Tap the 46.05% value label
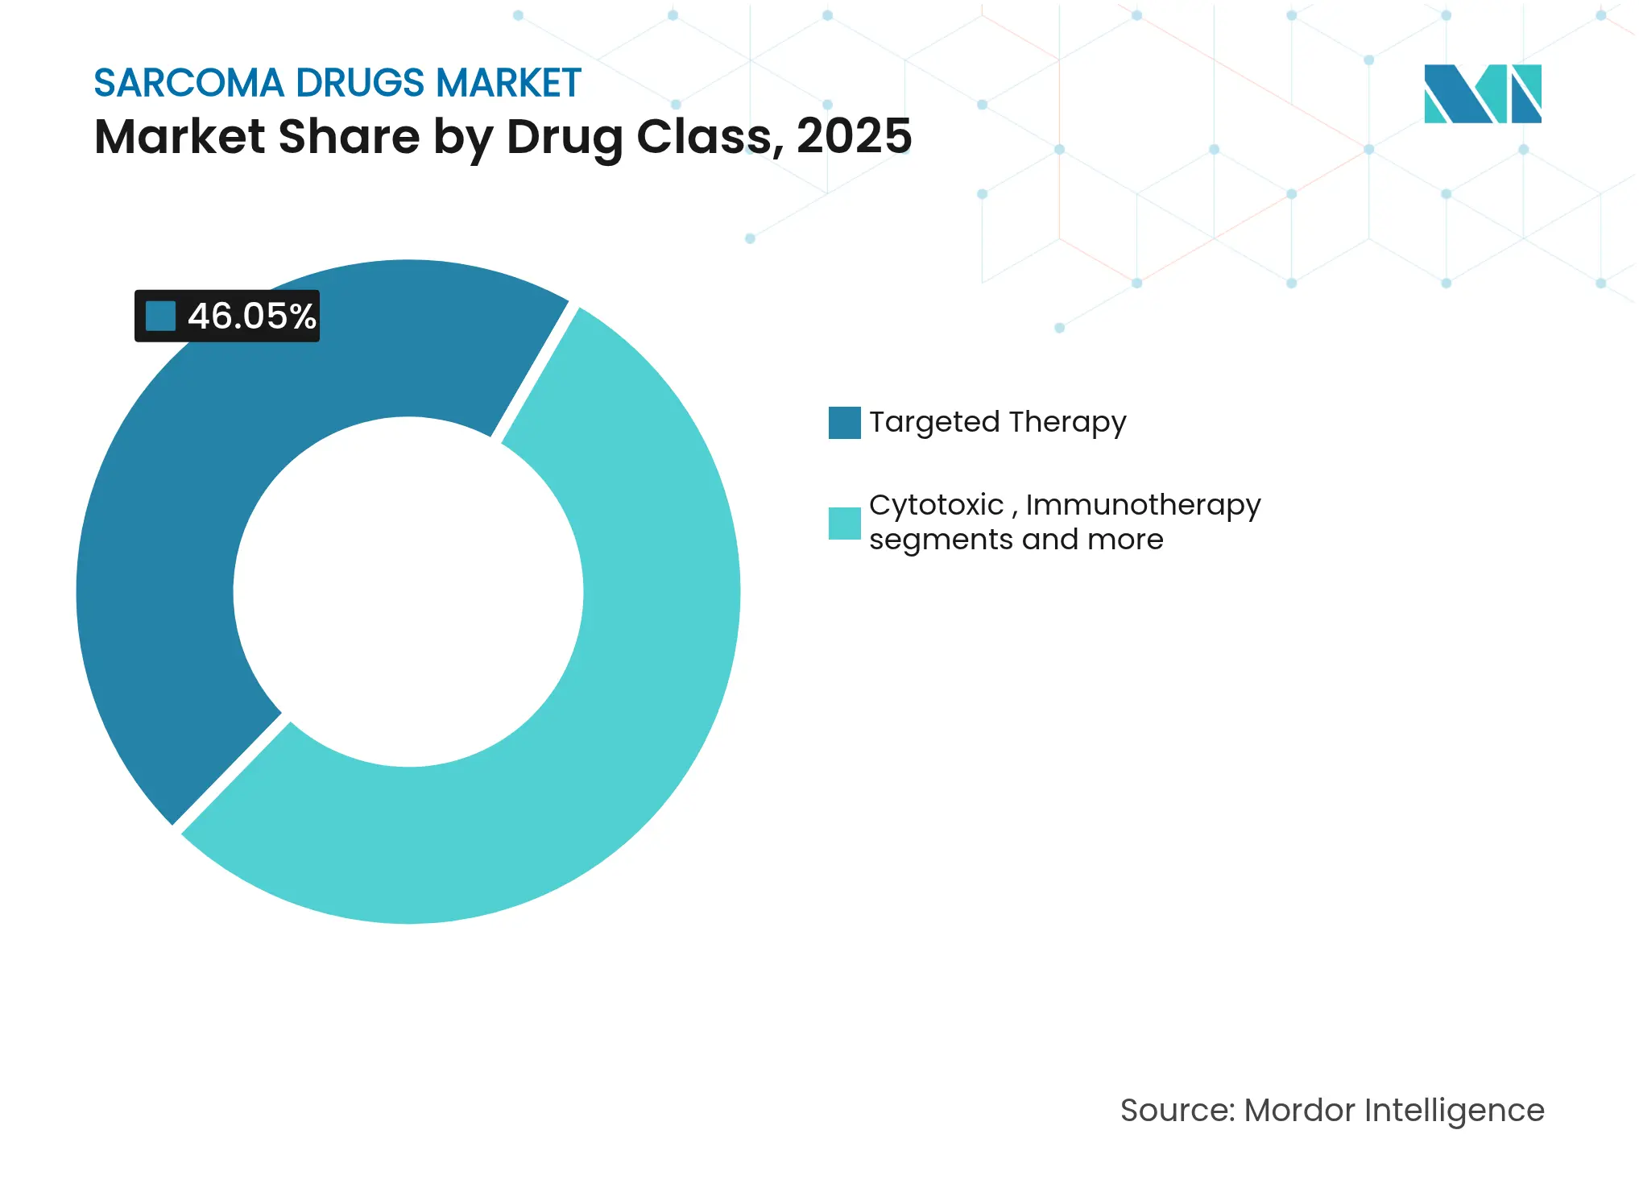251,316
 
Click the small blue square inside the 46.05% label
160,316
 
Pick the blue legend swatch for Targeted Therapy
844,423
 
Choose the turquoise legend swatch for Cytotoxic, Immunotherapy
844,523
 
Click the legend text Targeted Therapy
997,422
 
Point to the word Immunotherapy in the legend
1143,505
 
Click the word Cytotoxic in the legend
936,505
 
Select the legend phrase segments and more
1016,540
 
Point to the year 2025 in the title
854,135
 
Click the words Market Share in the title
257,135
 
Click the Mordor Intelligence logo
1482,93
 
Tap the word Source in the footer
1176,1110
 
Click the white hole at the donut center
408,592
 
